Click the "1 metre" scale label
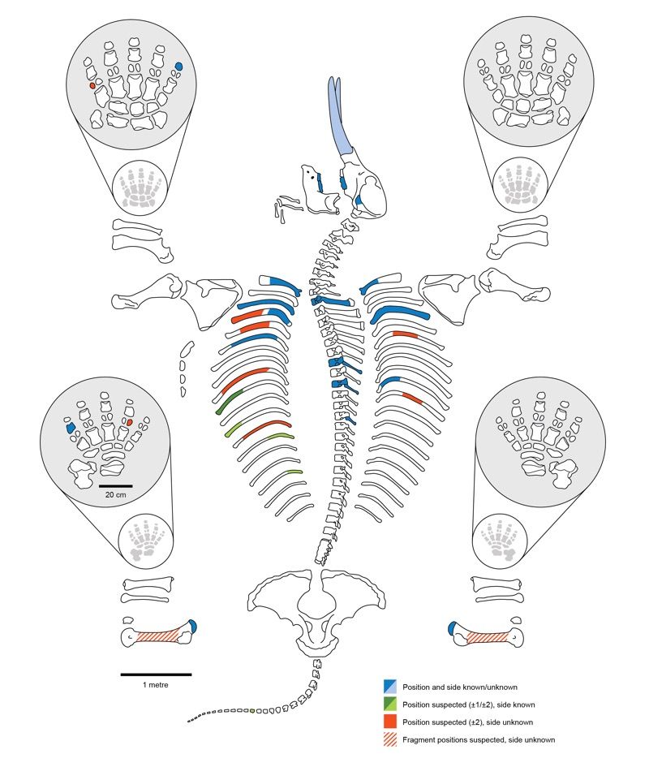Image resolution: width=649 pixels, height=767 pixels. point(156,686)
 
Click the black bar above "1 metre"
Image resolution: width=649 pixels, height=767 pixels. point(156,674)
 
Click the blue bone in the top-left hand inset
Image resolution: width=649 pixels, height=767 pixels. point(179,67)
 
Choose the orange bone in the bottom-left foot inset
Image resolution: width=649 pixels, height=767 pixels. point(128,422)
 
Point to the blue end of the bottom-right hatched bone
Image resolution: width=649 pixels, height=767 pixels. point(454,627)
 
